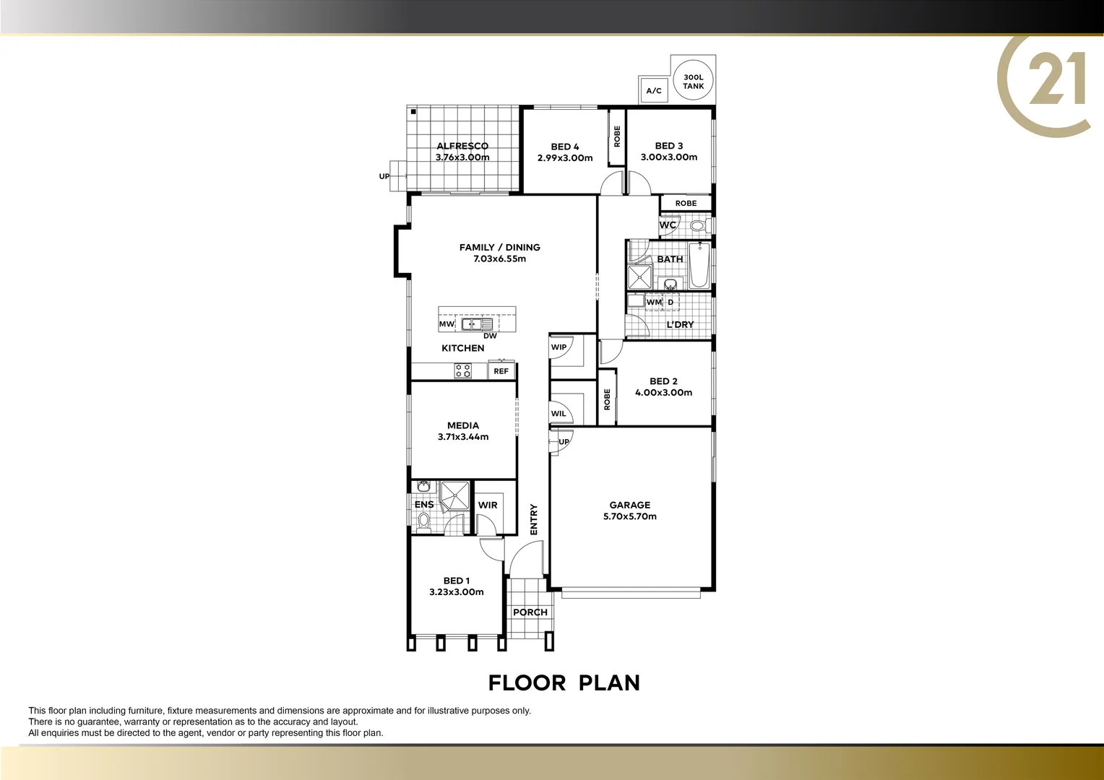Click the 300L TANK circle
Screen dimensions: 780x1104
coord(693,81)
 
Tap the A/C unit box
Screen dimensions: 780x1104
coord(654,91)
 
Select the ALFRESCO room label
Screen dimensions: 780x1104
coord(462,146)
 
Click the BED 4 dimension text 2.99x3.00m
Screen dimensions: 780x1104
coord(565,158)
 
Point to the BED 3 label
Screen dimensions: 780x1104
coord(669,146)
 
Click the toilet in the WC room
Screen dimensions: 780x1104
coord(697,225)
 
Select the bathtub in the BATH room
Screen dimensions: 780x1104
coord(699,266)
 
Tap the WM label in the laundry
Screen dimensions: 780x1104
coord(653,303)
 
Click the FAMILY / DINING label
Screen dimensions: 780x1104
coord(500,247)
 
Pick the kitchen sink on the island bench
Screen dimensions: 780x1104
coord(477,324)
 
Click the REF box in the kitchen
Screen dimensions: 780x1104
coord(501,371)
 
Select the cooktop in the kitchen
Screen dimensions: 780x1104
coord(462,371)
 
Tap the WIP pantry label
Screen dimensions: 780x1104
coord(559,347)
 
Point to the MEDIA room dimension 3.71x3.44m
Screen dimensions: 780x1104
coord(463,437)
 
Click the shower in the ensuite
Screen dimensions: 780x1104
coord(454,495)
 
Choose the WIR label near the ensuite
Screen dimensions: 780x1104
coord(488,506)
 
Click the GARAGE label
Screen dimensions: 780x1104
coord(630,506)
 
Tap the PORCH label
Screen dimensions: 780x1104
coord(530,612)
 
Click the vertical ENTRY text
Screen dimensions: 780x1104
coord(534,519)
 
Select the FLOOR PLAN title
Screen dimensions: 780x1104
coord(564,683)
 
